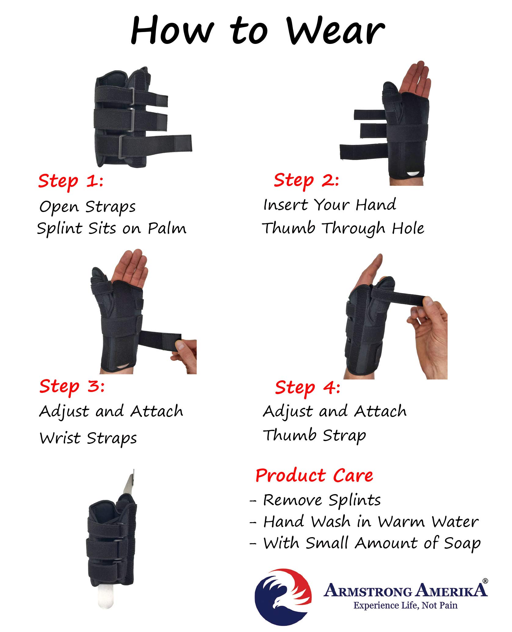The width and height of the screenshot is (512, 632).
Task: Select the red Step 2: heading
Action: tap(306, 180)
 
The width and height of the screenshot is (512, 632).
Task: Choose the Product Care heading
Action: tap(314, 476)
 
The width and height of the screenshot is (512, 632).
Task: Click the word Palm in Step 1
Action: tap(167, 228)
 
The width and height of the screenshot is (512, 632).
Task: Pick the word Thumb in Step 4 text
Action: tap(289, 435)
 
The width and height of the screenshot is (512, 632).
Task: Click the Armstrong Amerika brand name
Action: tap(405, 591)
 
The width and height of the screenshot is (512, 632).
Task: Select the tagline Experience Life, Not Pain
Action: tap(405, 605)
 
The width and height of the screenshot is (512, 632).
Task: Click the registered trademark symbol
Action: tap(485, 581)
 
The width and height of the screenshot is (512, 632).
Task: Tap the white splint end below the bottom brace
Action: tap(105, 598)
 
